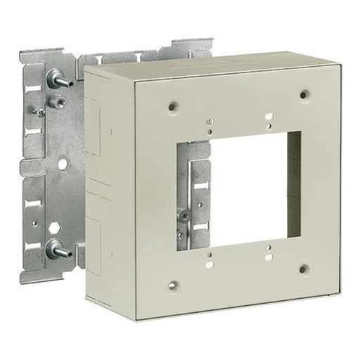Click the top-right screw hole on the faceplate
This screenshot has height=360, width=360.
[304, 94]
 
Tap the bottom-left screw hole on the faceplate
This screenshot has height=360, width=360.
[172, 285]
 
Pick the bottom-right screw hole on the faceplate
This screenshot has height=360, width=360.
[303, 268]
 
